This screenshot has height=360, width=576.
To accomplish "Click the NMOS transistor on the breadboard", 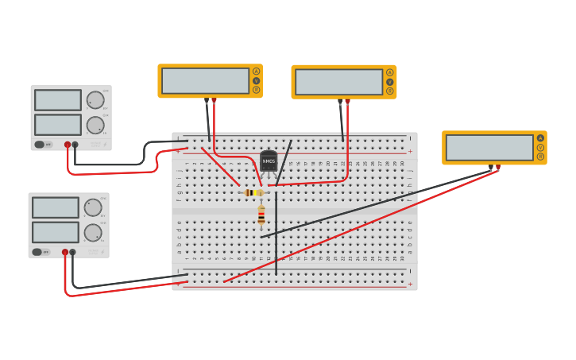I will pyautogui.click(x=269, y=161).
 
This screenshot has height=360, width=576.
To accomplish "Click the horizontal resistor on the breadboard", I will pyautogui.click(x=253, y=192).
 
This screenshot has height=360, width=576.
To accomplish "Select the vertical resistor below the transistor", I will pyautogui.click(x=261, y=215).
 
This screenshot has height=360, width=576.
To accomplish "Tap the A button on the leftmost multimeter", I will pyautogui.click(x=256, y=72).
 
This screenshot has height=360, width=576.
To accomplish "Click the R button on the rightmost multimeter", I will pyautogui.click(x=540, y=157).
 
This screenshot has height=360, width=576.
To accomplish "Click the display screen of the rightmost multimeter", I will pyautogui.click(x=489, y=148).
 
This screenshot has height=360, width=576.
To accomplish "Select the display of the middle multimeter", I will pyautogui.click(x=339, y=82).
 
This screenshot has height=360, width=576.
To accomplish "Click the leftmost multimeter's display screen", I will pyautogui.click(x=206, y=81).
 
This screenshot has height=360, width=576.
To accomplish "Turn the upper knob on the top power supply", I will pyautogui.click(x=95, y=100).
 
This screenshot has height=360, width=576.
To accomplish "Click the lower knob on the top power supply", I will pyautogui.click(x=95, y=125).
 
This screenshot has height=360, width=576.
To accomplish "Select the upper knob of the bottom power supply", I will pyautogui.click(x=92, y=207).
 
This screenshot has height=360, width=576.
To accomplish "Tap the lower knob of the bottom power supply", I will pyautogui.click(x=92, y=233).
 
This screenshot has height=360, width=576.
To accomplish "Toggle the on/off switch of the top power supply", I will pyautogui.click(x=39, y=145).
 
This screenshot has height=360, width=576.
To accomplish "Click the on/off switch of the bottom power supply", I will pyautogui.click(x=37, y=252).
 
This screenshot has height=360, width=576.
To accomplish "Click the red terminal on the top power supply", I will pyautogui.click(x=68, y=145).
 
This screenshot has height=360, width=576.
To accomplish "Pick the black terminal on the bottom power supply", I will pyautogui.click(x=72, y=252).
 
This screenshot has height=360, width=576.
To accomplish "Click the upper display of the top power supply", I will pyautogui.click(x=57, y=100).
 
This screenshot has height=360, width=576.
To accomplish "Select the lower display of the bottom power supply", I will pyautogui.click(x=55, y=232).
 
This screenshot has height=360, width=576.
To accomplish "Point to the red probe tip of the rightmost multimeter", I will pyautogui.click(x=498, y=168).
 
